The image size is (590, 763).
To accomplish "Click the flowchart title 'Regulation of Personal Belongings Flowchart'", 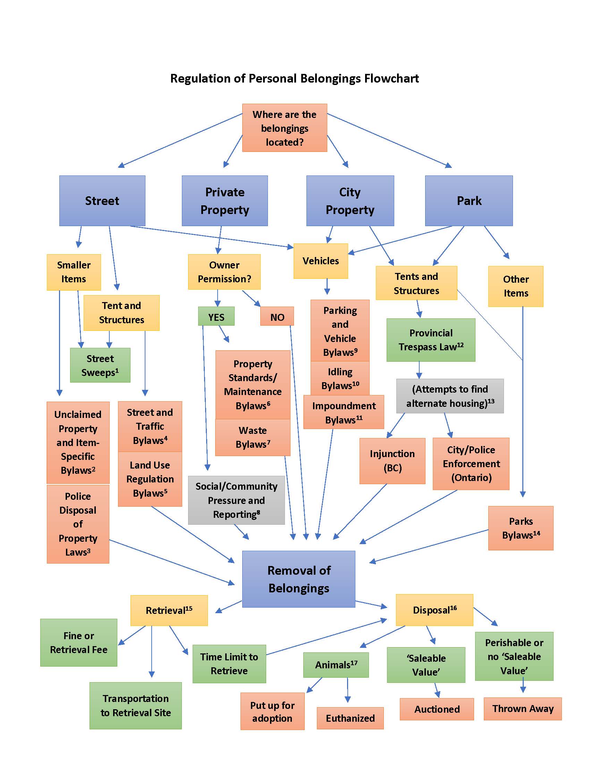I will tap(294, 78).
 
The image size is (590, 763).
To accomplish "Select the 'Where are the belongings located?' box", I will tap(285, 128).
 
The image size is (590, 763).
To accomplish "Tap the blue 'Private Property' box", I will tap(225, 201).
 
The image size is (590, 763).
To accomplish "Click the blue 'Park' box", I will tap(469, 201).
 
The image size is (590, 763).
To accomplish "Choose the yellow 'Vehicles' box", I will tap(321, 261).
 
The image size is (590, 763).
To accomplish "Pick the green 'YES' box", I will tap(216, 317).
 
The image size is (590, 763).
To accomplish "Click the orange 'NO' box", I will tap(277, 317).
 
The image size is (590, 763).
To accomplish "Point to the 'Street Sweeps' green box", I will tap(100, 365).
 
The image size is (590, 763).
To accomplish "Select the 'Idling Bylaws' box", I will tap(340, 378).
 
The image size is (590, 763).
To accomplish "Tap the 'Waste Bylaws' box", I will tap(252, 437).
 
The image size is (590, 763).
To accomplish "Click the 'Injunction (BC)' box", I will tap(392, 461).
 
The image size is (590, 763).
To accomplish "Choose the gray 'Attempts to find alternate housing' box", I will tap(450, 396).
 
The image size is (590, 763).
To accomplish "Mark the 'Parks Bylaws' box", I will tap(521, 528).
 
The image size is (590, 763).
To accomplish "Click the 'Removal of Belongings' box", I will tap(298, 579).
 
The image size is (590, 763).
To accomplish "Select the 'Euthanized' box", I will tap(350, 718).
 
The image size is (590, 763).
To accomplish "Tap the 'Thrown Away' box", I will tap(523, 709).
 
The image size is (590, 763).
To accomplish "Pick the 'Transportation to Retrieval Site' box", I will tap(136, 706).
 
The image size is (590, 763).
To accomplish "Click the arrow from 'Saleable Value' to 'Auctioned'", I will tap(437, 690).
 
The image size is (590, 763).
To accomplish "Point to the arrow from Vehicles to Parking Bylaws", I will tap(327, 286).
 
